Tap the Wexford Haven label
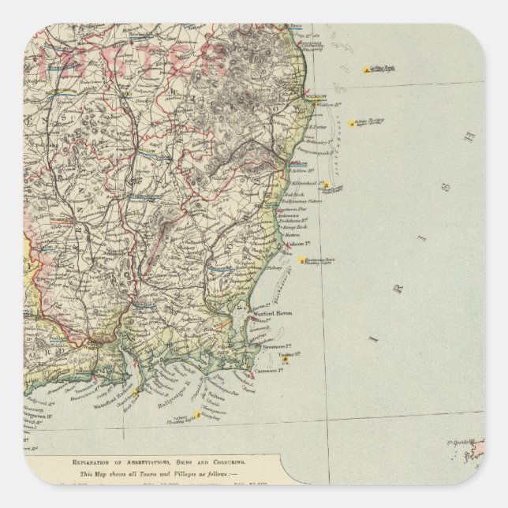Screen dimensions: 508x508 pos(272,313)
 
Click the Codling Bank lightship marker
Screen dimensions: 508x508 pos(366,70)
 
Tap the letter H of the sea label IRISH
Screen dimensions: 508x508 pos(471,136)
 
